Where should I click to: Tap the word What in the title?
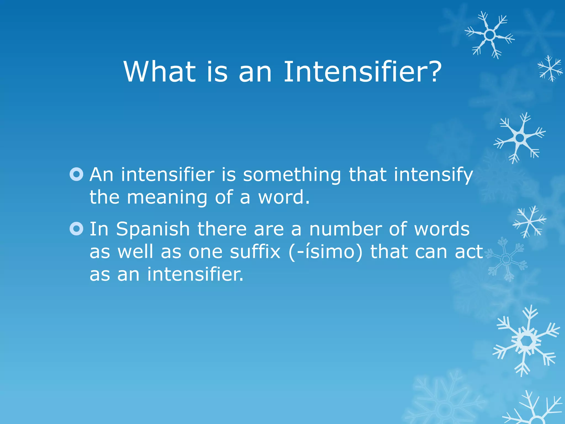(160, 72)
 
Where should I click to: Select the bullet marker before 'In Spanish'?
(76, 229)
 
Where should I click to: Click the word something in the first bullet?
(292, 175)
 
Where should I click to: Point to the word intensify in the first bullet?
(433, 175)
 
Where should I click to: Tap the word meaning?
(167, 198)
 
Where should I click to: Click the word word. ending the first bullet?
(284, 198)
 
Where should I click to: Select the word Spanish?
(153, 230)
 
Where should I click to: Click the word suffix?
(255, 252)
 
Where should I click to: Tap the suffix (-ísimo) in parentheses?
(326, 252)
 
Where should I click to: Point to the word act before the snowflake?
(469, 252)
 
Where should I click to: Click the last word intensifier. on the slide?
(195, 274)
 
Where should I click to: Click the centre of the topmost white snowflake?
(490, 35)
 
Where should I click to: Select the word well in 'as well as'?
(135, 252)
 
